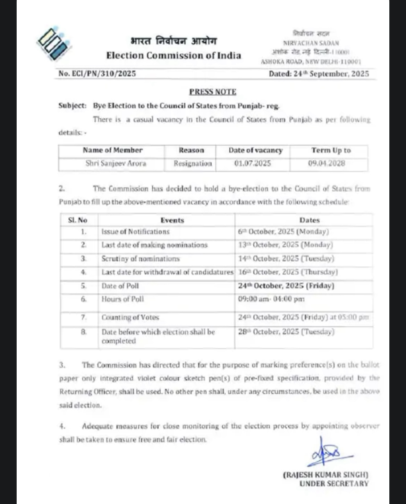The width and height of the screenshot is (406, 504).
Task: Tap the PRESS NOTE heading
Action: (x=212, y=92)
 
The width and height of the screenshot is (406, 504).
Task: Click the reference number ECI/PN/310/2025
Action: (x=97, y=74)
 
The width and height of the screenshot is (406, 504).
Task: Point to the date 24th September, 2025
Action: (x=319, y=74)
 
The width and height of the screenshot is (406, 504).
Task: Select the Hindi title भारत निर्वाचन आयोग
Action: (x=174, y=41)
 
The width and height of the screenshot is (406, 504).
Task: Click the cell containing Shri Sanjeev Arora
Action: (x=116, y=163)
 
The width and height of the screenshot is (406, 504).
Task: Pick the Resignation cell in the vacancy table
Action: (x=193, y=163)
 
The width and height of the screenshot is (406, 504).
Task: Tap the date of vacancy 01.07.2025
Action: (x=252, y=163)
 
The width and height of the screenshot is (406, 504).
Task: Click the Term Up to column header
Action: (x=331, y=150)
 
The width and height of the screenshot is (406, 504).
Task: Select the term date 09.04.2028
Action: (x=327, y=163)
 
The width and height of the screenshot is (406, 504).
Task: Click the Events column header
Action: (x=172, y=220)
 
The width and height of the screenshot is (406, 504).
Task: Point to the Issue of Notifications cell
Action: (x=135, y=232)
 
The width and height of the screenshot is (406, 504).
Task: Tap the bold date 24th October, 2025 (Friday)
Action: (x=286, y=286)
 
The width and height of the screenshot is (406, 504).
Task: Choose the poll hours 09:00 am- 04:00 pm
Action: (x=271, y=299)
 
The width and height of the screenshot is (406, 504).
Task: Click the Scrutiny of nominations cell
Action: (x=141, y=259)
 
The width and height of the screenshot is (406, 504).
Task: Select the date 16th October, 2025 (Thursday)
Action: (x=288, y=272)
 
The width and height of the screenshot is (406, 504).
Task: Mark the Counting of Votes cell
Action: (x=130, y=317)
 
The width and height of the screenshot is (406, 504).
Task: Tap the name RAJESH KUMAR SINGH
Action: (x=325, y=475)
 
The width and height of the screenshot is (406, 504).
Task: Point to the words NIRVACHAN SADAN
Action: (x=311, y=43)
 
